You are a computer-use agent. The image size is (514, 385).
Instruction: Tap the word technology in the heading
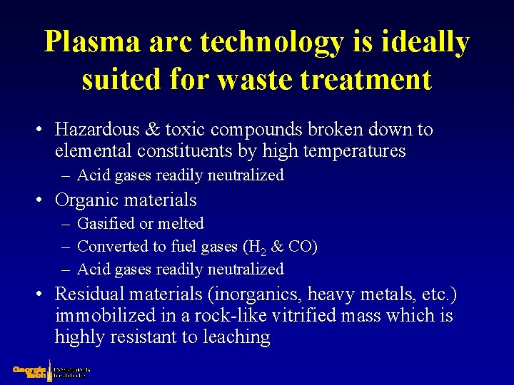click(x=271, y=43)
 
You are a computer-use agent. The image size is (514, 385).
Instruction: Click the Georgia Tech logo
click(x=31, y=372)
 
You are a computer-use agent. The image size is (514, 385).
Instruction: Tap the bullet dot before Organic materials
click(x=43, y=201)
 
